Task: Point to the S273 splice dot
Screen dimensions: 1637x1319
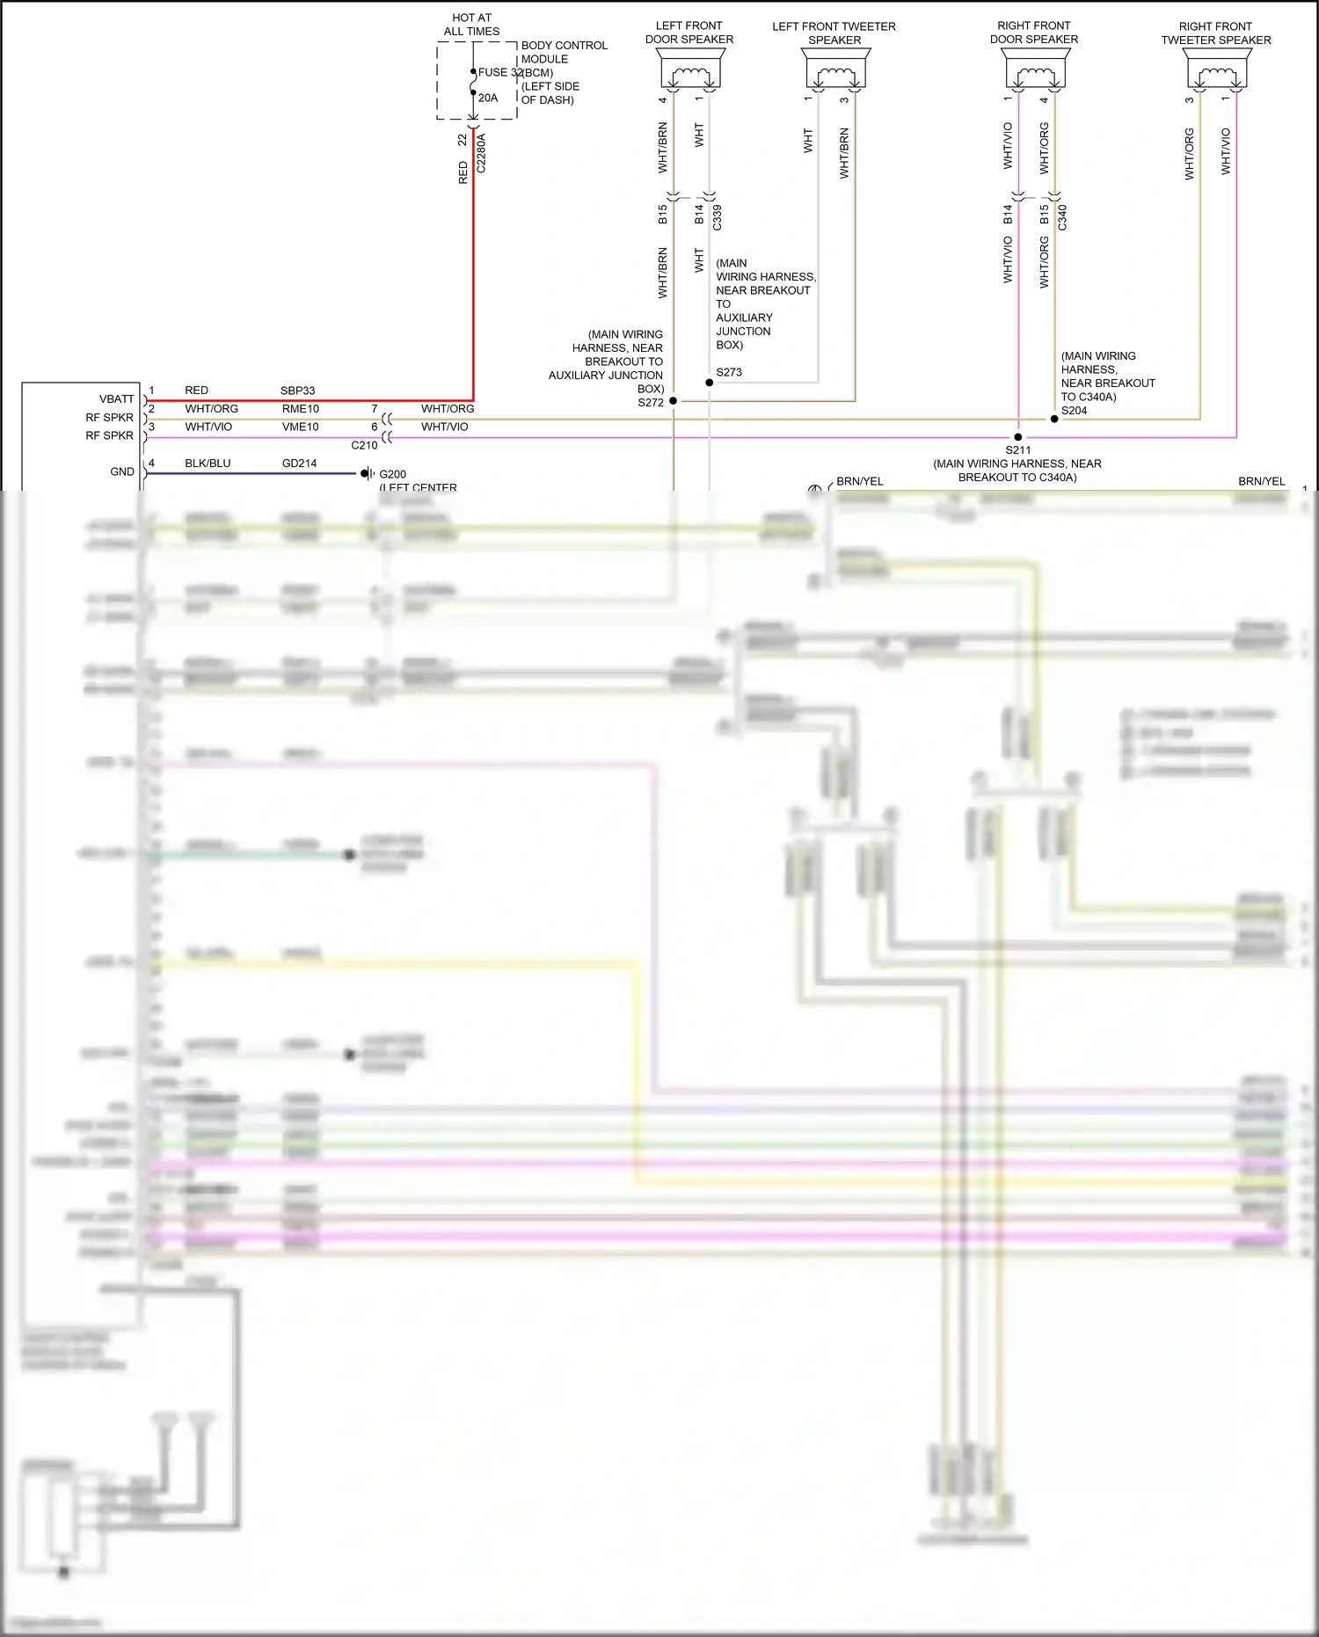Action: [710, 383]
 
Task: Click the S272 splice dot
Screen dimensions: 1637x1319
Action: [674, 401]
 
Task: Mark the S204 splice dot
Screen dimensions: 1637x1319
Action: [1054, 419]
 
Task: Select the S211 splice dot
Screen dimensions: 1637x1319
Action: [1018, 436]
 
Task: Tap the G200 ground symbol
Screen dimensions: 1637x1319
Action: [368, 473]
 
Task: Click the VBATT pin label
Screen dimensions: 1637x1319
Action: [116, 399]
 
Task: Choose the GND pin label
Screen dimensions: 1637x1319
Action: [122, 472]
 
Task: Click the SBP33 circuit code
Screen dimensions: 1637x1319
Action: [297, 391]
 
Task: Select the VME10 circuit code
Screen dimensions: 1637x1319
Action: [300, 428]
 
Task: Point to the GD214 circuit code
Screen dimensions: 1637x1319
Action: [299, 464]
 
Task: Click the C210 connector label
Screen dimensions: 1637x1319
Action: [364, 445]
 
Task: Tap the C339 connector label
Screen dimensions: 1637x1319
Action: [718, 217]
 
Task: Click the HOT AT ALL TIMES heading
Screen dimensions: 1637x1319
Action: [471, 25]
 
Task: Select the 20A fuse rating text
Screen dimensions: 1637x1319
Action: [488, 98]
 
